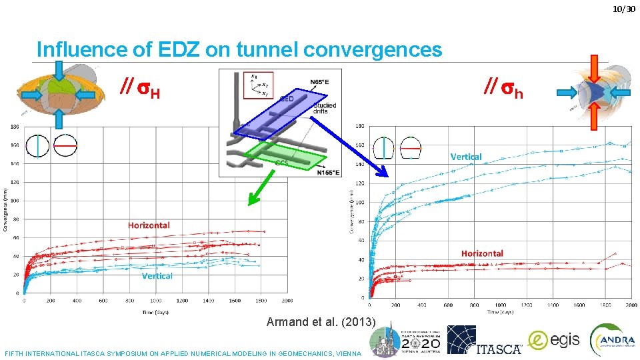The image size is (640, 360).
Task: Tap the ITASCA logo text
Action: tap(499, 349)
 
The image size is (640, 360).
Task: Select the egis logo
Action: tap(554, 340)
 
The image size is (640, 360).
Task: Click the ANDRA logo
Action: tap(612, 340)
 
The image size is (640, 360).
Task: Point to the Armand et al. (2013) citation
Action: tap(321, 322)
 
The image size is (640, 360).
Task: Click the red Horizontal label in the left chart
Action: tap(149, 225)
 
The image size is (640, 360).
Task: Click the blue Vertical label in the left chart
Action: tap(157, 276)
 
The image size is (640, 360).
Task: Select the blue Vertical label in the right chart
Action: tap(466, 157)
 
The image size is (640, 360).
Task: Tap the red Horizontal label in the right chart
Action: tap(482, 253)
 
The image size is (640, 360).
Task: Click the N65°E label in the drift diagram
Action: tap(323, 82)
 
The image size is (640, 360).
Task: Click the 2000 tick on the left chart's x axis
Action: tap(287, 301)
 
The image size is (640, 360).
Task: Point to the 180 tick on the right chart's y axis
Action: tap(360, 127)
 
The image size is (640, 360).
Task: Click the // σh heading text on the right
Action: tap(503, 88)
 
